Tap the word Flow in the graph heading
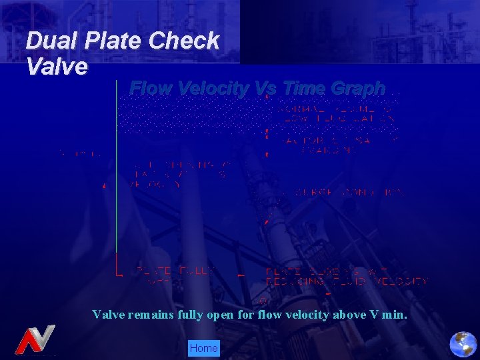[x=147, y=88]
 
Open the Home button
[x=203, y=348]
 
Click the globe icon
[x=463, y=344]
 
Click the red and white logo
[x=35, y=340]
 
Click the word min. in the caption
[x=395, y=314]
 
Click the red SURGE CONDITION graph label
[x=341, y=193]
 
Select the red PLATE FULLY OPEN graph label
[x=175, y=275]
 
